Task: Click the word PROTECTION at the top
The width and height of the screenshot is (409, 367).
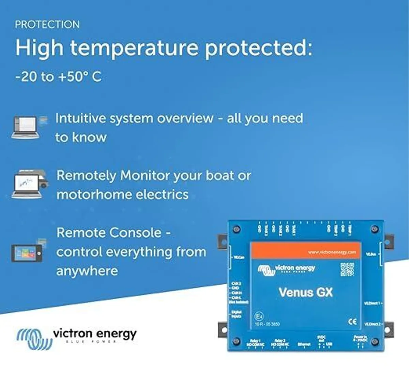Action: pos(47,25)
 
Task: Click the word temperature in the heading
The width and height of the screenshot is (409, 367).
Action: pos(134,48)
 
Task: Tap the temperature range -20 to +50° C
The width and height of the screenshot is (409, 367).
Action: pos(58,77)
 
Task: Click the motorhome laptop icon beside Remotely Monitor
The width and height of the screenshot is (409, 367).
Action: pos(29,185)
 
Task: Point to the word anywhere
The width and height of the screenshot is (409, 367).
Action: pos(87,271)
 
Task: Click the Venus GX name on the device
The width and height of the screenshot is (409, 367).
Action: pos(305,292)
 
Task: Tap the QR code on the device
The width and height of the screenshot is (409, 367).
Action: pos(347,269)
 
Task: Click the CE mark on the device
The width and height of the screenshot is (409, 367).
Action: pos(352,322)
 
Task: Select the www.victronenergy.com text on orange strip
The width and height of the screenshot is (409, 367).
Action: pos(332,252)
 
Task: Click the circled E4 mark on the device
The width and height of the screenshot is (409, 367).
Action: pos(259,317)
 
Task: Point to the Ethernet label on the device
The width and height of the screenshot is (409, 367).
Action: pos(304,344)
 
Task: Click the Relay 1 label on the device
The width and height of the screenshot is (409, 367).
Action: pos(255,341)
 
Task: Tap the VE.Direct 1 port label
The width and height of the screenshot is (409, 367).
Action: pos(372,303)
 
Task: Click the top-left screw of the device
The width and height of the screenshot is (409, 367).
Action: pos(237,229)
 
